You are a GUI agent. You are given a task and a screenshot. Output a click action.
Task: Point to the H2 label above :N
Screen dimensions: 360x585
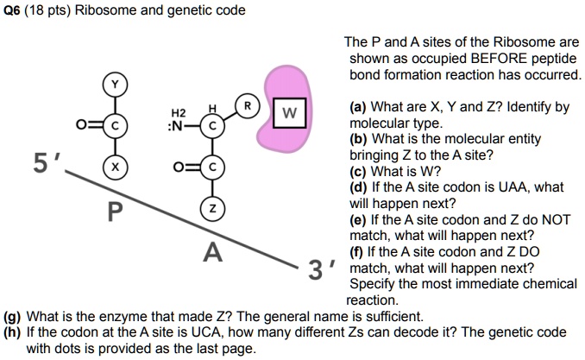pos(178,112)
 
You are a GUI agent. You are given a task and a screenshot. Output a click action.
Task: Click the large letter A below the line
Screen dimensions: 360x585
pos(212,253)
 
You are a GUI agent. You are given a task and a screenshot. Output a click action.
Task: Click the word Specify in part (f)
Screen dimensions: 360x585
pos(374,284)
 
